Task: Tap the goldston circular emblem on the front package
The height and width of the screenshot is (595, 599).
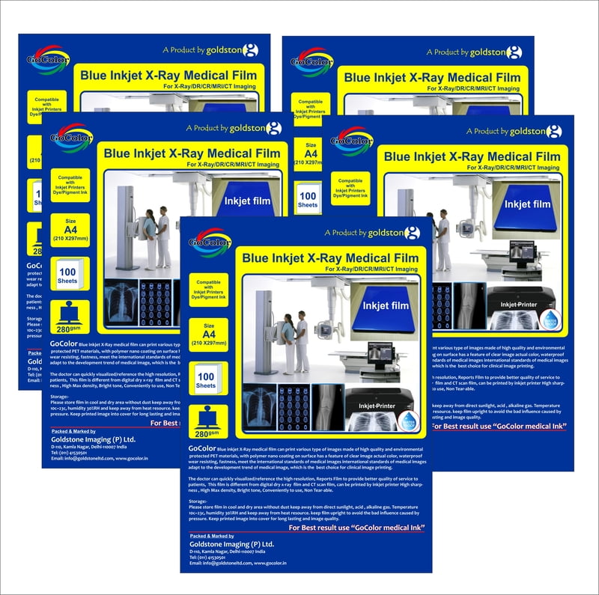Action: coord(412,233)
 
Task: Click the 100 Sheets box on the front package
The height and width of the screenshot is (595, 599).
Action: coord(206,380)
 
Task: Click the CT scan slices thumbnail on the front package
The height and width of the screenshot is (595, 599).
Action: coord(293,408)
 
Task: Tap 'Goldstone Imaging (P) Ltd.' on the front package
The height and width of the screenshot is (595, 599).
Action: coord(231,544)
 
